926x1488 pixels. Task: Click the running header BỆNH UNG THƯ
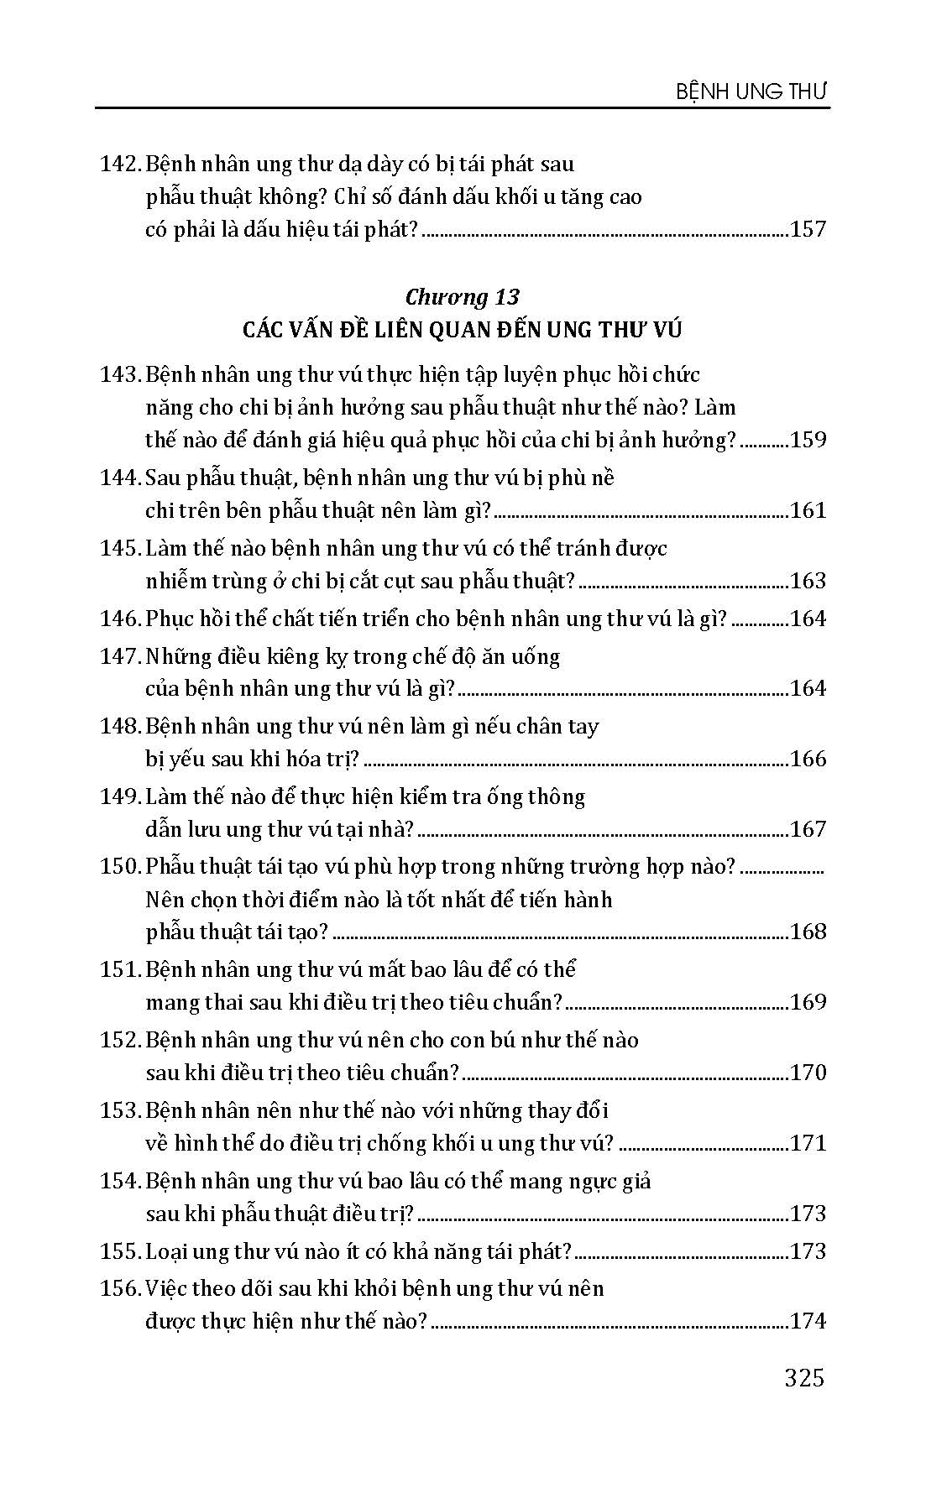[752, 91]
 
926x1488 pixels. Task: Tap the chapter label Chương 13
[462, 297]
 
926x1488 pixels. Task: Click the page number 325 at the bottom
[804, 1378]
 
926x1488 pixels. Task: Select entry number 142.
[119, 164]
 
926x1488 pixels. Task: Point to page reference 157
[808, 229]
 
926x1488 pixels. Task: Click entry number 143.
[119, 375]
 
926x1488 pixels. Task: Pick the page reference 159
[808, 440]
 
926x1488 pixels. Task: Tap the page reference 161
[808, 510]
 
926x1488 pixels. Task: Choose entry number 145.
[119, 549]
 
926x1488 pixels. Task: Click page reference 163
[808, 581]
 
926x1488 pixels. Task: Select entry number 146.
[119, 619]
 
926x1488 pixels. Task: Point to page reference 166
[808, 759]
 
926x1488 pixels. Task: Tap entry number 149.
[119, 796]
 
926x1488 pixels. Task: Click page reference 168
[808, 932]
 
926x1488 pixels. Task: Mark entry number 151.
[119, 970]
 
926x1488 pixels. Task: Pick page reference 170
[808, 1073]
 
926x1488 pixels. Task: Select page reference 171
[808, 1143]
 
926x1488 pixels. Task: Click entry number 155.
[119, 1251]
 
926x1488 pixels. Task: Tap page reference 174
[808, 1321]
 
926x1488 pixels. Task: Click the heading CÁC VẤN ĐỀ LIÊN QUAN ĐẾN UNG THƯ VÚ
[462, 330]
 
